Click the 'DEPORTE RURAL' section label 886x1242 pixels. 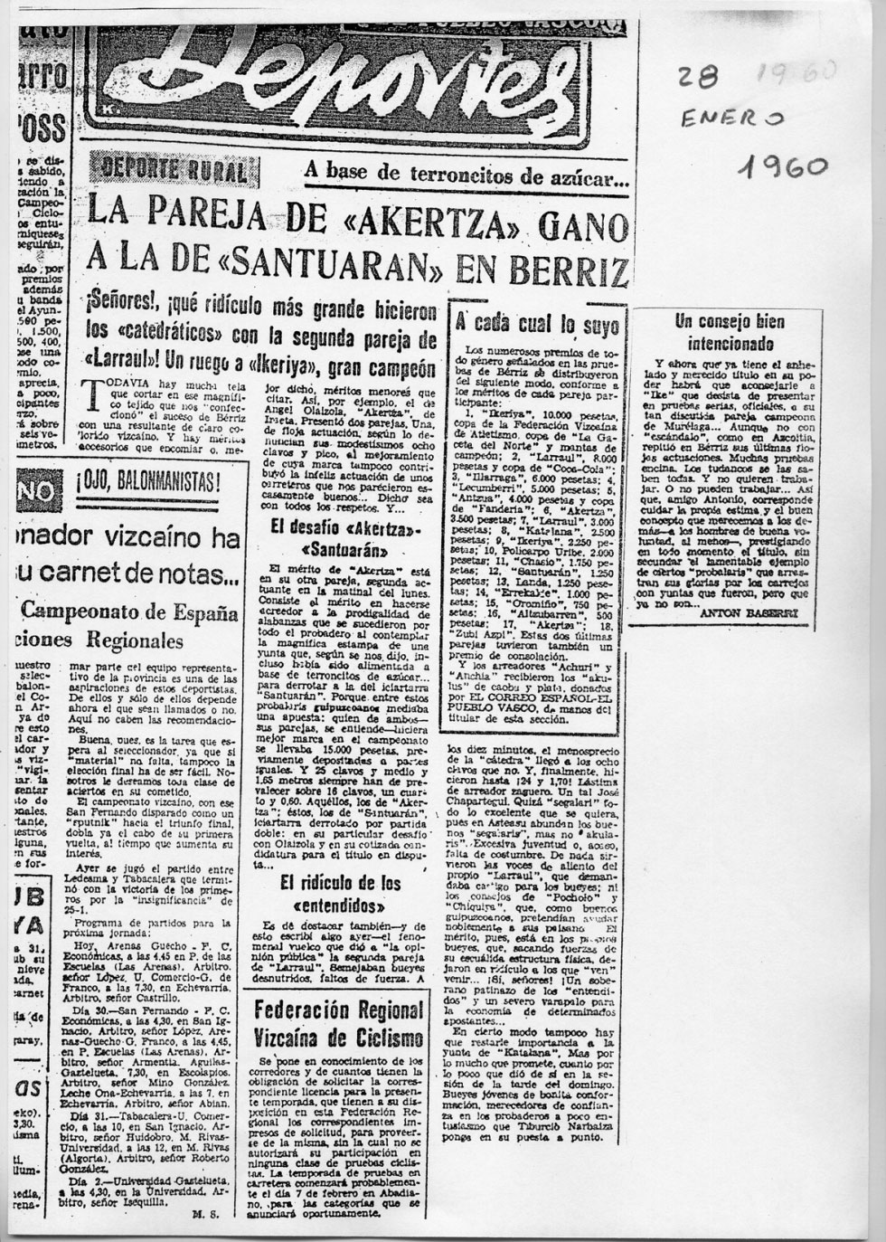tap(173, 169)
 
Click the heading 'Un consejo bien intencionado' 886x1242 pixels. tap(730, 332)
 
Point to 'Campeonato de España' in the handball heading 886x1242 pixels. tap(130, 612)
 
